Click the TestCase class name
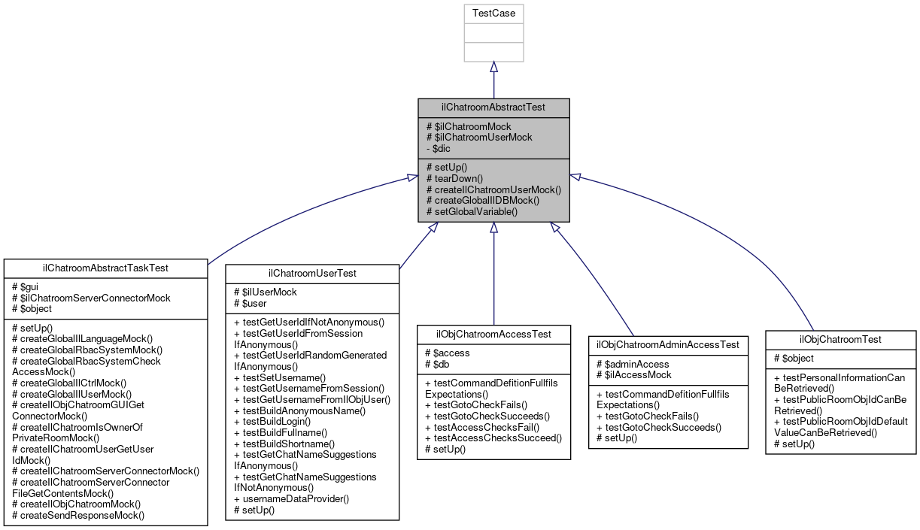493,14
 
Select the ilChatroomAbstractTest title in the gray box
493,108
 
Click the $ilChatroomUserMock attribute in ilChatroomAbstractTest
479,137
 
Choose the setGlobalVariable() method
472,211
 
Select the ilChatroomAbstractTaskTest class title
105,268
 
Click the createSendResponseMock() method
78,515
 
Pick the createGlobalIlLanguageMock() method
82,339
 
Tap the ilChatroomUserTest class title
312,273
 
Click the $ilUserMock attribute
265,292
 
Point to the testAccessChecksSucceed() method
493,438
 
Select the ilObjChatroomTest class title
840,339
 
